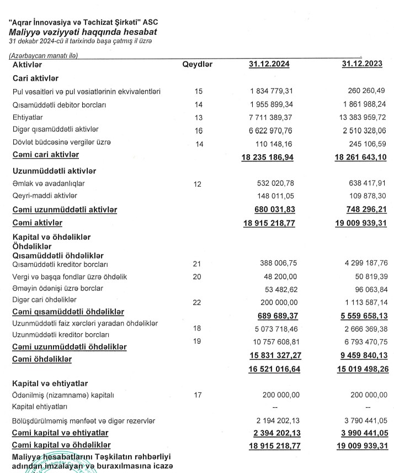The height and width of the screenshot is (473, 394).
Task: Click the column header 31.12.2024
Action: (269, 65)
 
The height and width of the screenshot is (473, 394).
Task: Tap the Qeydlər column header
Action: (197, 65)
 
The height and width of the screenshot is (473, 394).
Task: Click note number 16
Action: (199, 131)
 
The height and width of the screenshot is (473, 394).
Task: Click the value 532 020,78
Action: (275, 183)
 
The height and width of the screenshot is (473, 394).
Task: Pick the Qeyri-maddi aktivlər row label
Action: (45, 196)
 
